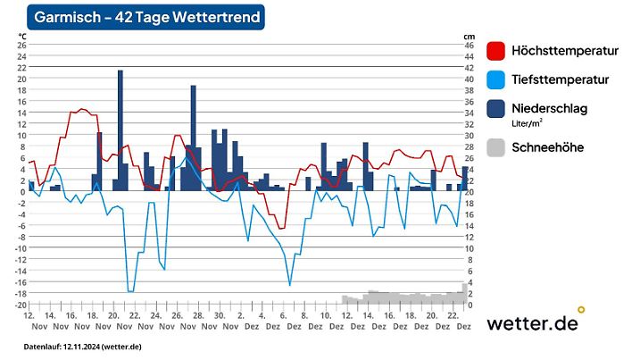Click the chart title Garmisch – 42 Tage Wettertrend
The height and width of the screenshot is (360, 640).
pyautogui.click(x=147, y=17)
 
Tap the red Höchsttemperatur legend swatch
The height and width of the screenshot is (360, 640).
pyautogui.click(x=497, y=50)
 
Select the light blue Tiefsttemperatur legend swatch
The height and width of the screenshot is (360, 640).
pyautogui.click(x=497, y=80)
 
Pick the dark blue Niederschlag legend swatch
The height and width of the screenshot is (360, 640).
pyautogui.click(x=497, y=110)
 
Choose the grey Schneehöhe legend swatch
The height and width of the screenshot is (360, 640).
pyautogui.click(x=497, y=147)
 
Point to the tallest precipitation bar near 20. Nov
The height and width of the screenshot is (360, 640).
pyautogui.click(x=121, y=130)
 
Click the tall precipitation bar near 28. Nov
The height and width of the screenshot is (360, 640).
pyautogui.click(x=193, y=137)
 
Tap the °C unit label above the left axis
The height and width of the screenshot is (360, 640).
pyautogui.click(x=22, y=36)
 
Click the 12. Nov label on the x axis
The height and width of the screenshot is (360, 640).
pyautogui.click(x=29, y=321)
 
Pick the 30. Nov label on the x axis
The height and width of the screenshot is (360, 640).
pyautogui.click(x=219, y=321)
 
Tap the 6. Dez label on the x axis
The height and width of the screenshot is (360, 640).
pyautogui.click(x=283, y=321)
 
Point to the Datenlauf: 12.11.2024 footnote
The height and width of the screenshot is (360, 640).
pyautogui.click(x=82, y=346)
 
